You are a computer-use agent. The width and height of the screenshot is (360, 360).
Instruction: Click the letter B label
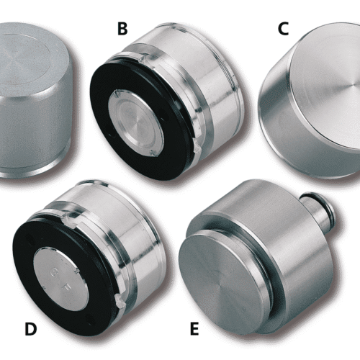coord(122,29)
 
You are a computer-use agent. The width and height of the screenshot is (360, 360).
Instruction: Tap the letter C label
coord(283,29)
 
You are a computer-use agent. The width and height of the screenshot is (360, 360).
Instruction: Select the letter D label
coord(31,329)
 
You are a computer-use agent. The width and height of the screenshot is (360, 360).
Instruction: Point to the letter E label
coord(194,329)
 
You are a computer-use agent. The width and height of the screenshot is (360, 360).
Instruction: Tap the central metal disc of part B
coord(135,124)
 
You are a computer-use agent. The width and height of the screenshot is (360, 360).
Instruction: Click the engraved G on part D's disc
coord(55,273)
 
